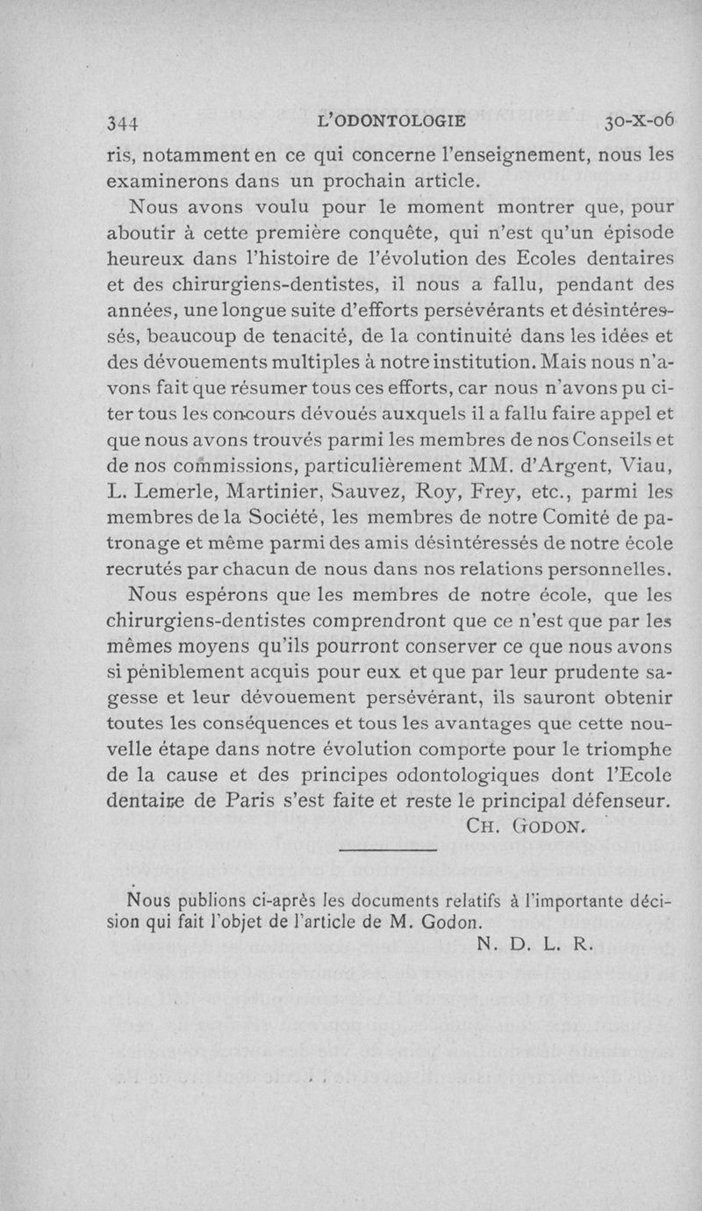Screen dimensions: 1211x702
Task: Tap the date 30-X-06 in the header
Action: click(x=638, y=121)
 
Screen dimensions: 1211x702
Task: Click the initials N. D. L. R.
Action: click(x=538, y=944)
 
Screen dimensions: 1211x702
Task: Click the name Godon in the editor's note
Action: click(x=452, y=922)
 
